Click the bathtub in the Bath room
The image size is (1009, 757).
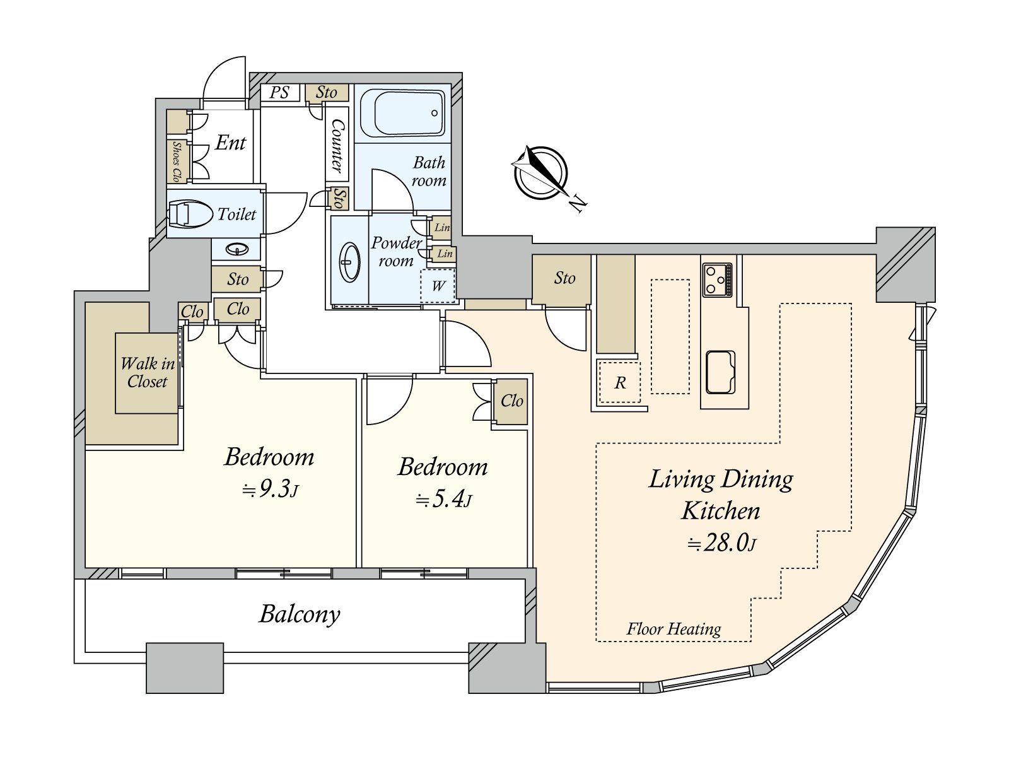(402, 113)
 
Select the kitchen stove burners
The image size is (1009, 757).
(716, 280)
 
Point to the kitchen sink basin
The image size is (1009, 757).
(720, 373)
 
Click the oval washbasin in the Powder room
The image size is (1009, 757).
(350, 262)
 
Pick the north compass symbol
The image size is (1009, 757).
(542, 173)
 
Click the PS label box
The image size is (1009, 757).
(279, 92)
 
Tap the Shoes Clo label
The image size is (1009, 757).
(177, 161)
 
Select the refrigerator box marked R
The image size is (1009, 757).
(620, 382)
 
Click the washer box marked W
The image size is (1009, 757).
(438, 286)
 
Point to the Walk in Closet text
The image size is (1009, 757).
(148, 373)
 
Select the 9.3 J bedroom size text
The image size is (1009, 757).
(271, 490)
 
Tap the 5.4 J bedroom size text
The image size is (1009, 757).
(443, 500)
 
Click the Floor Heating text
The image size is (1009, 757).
(674, 629)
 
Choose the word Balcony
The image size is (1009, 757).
(300, 614)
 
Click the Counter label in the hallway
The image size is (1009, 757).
(337, 146)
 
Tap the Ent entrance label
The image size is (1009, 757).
(230, 143)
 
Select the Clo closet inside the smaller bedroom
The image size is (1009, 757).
(511, 401)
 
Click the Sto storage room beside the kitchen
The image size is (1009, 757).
(564, 278)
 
